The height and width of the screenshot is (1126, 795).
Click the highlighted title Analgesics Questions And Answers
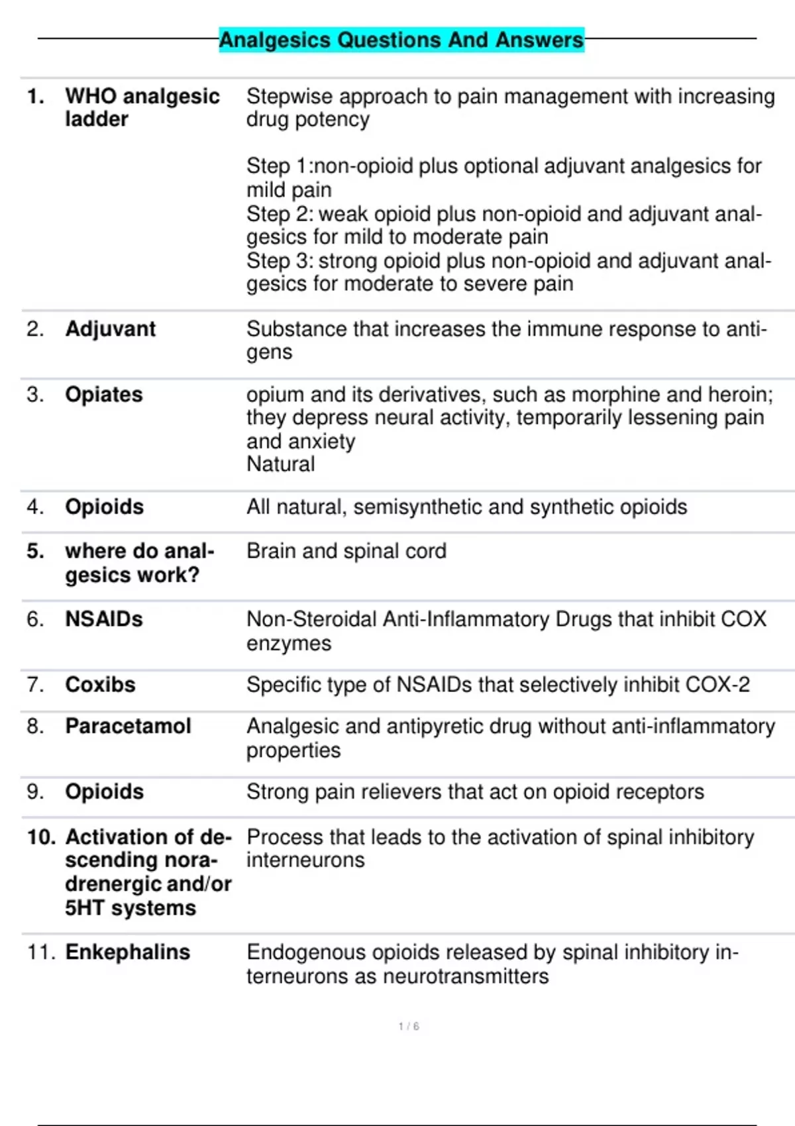point(401,40)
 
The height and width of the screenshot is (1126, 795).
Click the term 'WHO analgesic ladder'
point(142,107)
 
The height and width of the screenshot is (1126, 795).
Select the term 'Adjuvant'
point(110,329)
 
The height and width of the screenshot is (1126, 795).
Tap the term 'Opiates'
point(103,394)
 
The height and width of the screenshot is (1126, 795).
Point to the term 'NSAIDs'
point(103,619)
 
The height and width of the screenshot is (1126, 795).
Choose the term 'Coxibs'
point(100,684)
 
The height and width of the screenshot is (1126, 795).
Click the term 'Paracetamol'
point(128,726)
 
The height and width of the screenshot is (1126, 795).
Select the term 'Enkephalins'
point(127,952)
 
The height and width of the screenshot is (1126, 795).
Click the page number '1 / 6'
point(409,1026)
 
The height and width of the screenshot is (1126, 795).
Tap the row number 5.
point(35,551)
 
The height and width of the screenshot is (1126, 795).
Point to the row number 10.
point(41,837)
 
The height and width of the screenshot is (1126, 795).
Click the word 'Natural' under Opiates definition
point(280,464)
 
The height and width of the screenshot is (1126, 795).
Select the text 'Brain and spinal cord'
point(346,551)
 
